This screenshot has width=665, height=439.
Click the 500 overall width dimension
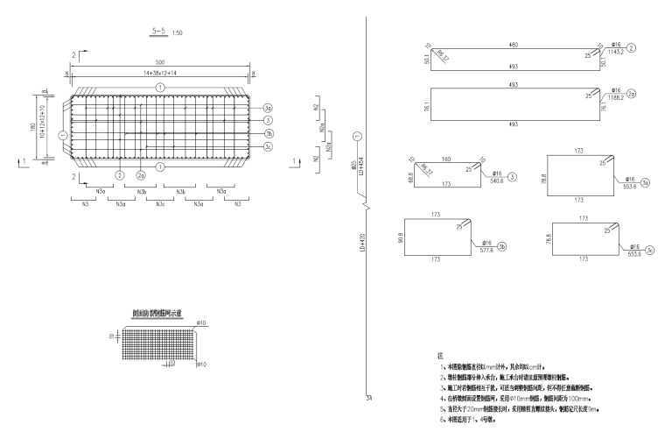[160, 63]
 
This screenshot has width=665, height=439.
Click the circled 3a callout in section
[269, 108]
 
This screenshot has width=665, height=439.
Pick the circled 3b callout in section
[269, 133]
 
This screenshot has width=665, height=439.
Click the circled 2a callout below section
[140, 175]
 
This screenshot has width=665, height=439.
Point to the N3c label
[160, 203]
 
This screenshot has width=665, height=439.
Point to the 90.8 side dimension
[399, 236]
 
